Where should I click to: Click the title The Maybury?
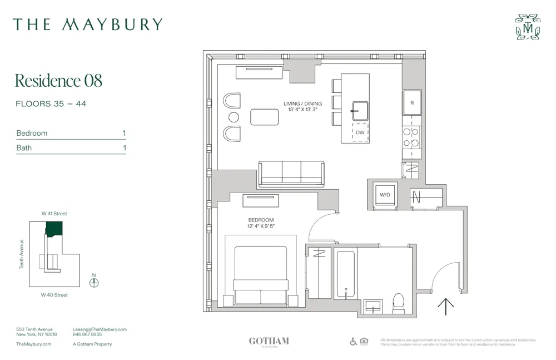(88, 24)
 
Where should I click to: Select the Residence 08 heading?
(58, 81)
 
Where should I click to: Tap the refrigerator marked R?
(412, 103)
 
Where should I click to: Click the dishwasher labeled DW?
(360, 132)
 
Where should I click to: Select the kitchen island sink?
(360, 110)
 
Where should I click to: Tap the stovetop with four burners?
(411, 137)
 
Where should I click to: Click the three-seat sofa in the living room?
(291, 173)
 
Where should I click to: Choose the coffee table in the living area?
(264, 117)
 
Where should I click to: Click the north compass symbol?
(94, 282)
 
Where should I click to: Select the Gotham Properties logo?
(269, 342)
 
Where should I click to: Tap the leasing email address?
(100, 329)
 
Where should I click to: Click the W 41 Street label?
(54, 214)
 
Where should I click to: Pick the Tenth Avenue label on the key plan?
(22, 254)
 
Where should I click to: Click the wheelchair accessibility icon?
(353, 341)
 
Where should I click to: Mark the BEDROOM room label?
(261, 220)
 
